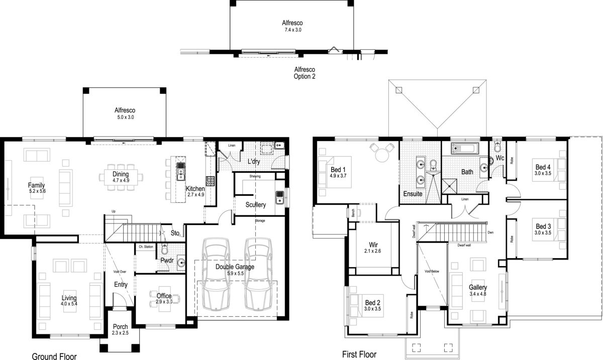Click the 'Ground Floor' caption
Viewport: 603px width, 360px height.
click(54, 356)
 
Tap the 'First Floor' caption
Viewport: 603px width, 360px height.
click(359, 354)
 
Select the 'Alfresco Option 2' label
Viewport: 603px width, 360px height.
click(305, 73)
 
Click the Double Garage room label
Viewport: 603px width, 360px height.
click(235, 267)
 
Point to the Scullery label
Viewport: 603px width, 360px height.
click(255, 205)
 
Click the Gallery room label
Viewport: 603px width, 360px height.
click(478, 287)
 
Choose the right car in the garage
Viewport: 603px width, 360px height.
click(258, 274)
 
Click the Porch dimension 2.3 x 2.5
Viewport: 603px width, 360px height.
click(120, 333)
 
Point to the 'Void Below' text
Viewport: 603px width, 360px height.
click(432, 271)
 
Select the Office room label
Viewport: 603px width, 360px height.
click(163, 296)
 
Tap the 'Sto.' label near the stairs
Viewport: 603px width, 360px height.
click(175, 233)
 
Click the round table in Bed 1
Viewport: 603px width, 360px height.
click(380, 151)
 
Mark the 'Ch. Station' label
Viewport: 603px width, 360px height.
click(146, 247)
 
